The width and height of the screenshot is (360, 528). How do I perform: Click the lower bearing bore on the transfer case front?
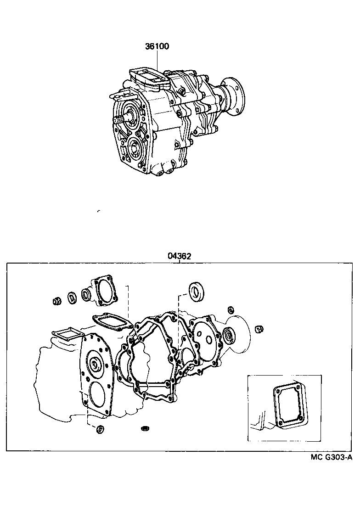136,148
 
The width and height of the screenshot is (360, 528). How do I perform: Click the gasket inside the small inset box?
288,404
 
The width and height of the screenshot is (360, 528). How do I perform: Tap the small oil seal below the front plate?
99,430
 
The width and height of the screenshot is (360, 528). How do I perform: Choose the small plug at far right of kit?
259,328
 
